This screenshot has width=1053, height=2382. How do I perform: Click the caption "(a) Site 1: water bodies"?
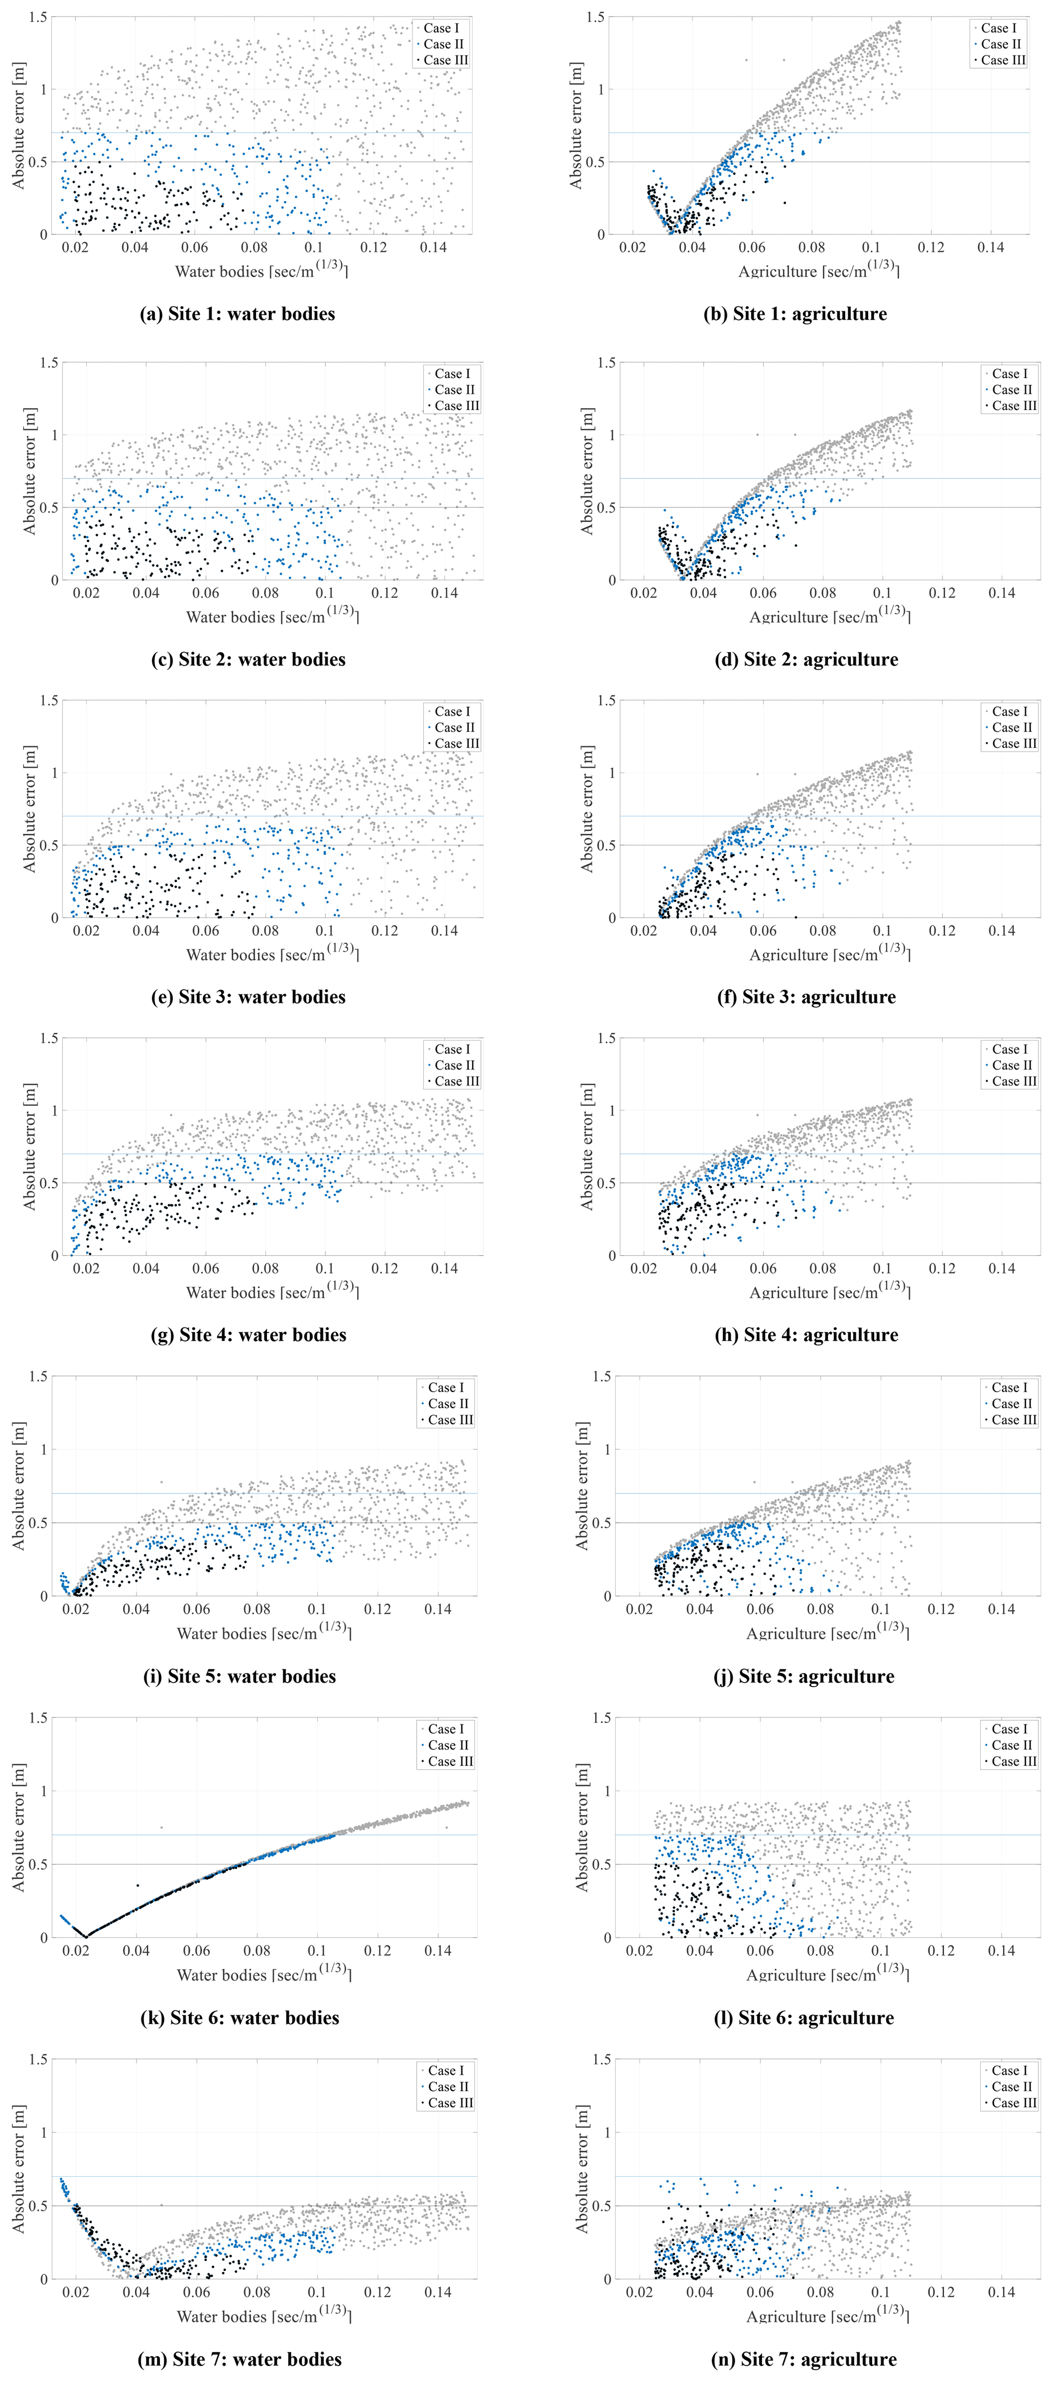pyautogui.click(x=237, y=313)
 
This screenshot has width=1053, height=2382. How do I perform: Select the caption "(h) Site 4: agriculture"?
pyautogui.click(x=806, y=1334)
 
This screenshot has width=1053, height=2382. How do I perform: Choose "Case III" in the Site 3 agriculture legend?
pyautogui.click(x=1014, y=743)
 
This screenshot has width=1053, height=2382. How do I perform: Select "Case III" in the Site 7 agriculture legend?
pyautogui.click(x=1014, y=2102)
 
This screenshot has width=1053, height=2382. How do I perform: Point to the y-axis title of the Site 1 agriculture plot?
pyautogui.click(x=576, y=126)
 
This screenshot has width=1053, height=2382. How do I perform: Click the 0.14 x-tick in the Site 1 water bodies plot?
pyautogui.click(x=433, y=247)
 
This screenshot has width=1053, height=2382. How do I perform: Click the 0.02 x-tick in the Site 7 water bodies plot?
pyautogui.click(x=76, y=2292)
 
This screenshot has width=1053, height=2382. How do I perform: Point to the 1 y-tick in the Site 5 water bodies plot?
pyautogui.click(x=43, y=1449)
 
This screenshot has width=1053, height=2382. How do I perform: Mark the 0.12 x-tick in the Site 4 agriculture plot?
pyautogui.click(x=942, y=1268)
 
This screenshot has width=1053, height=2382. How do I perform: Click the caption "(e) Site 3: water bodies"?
pyautogui.click(x=249, y=997)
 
